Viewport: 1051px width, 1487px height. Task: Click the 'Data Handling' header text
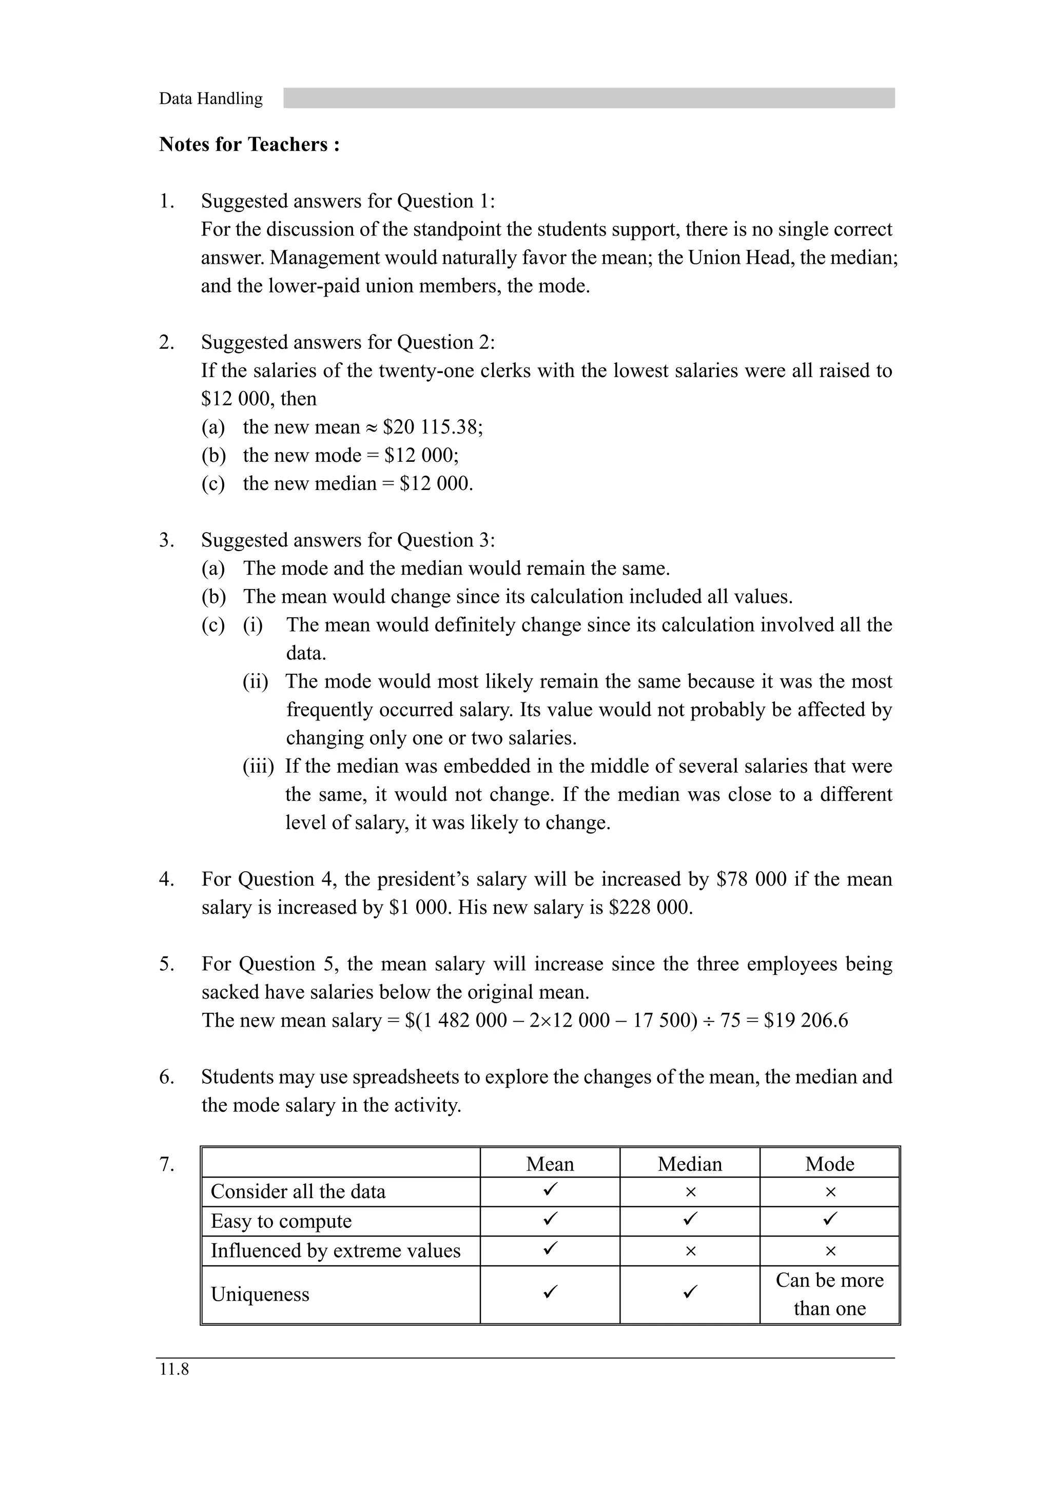pyautogui.click(x=210, y=99)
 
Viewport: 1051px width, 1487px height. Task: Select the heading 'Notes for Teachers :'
pyautogui.click(x=249, y=144)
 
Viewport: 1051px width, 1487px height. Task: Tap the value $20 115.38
pyautogui.click(x=432, y=427)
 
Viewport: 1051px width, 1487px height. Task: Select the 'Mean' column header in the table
pyautogui.click(x=550, y=1164)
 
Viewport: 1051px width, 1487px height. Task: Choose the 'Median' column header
pyautogui.click(x=690, y=1164)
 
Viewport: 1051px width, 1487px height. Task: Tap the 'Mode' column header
pyautogui.click(x=829, y=1164)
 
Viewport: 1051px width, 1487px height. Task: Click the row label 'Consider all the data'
pyautogui.click(x=298, y=1191)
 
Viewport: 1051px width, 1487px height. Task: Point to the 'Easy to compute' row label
pyautogui.click(x=281, y=1221)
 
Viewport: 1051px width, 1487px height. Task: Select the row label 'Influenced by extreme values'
pyautogui.click(x=336, y=1250)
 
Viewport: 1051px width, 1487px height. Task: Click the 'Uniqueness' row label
pyautogui.click(x=260, y=1294)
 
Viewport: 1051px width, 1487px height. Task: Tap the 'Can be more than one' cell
pyautogui.click(x=829, y=1294)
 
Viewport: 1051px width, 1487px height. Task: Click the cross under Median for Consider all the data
pyautogui.click(x=690, y=1192)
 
